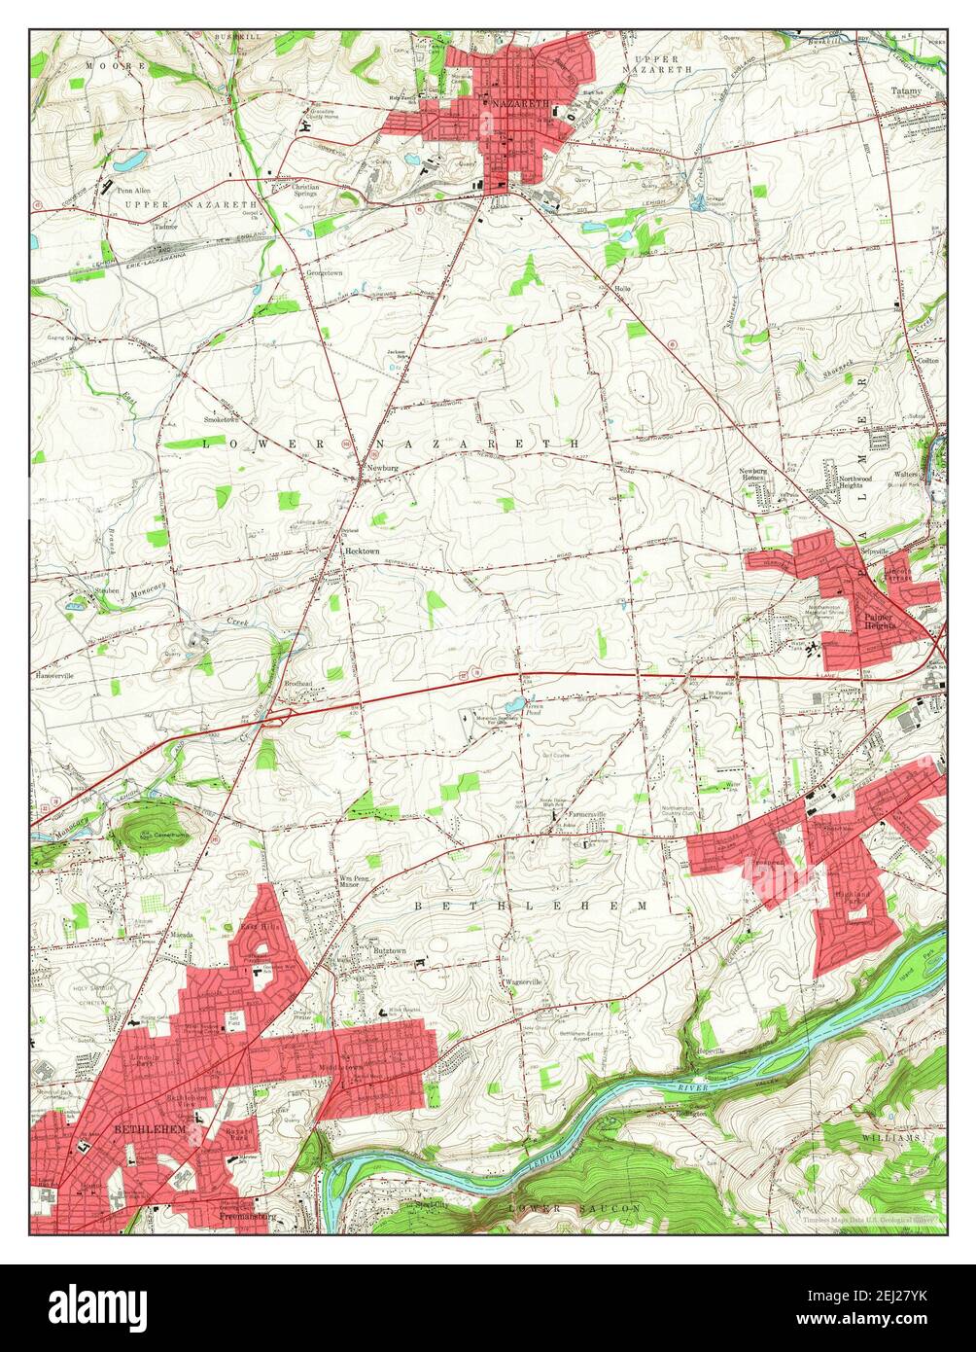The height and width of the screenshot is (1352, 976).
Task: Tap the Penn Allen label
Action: [x=134, y=191]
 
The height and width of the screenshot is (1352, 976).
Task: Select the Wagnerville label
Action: [x=523, y=982]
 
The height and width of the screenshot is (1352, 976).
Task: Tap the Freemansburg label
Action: [x=248, y=1216]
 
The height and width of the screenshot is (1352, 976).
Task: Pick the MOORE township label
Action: [x=102, y=66]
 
